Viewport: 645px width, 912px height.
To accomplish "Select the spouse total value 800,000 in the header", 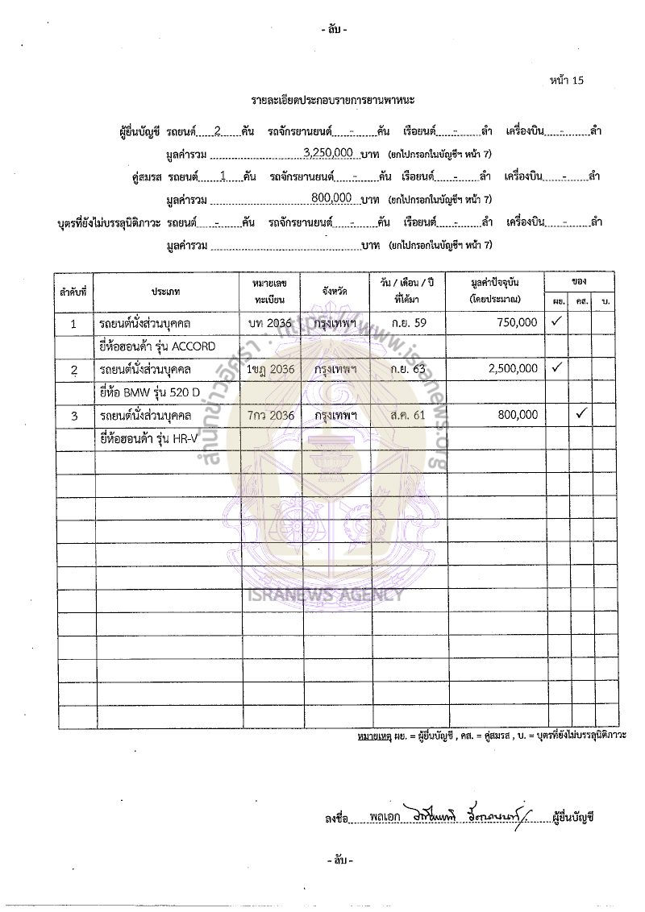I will (x=331, y=197).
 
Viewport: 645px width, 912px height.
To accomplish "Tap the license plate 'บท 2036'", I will (x=270, y=322).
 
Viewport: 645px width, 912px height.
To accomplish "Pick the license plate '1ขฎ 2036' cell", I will (x=270, y=369).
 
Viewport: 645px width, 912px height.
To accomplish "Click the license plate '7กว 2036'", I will (x=270, y=416).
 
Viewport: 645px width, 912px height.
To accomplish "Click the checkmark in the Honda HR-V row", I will (x=580, y=415).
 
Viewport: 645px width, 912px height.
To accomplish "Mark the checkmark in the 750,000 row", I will (x=556, y=321).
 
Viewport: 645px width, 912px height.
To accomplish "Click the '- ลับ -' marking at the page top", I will (x=334, y=30).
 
